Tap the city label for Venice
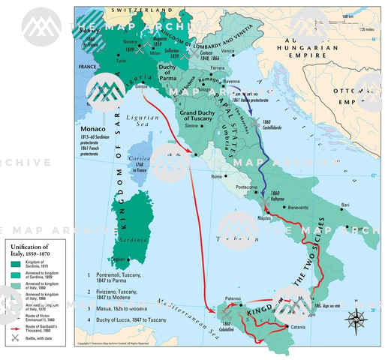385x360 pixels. coord(227,51)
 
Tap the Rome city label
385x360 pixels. coord(218,176)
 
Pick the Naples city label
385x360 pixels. coord(263,217)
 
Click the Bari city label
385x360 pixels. coord(345,204)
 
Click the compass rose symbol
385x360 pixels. coord(353,318)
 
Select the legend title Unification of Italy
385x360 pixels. coord(30,250)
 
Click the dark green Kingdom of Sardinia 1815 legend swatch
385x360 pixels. coord(16,263)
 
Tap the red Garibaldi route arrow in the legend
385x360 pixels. coord(16,328)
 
